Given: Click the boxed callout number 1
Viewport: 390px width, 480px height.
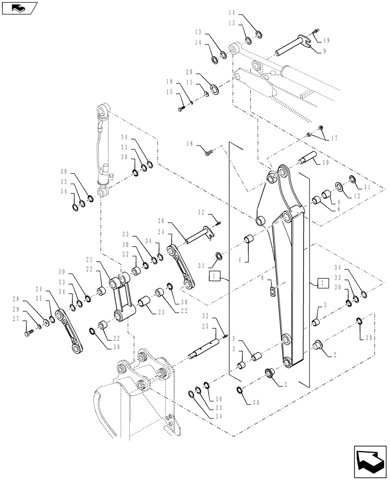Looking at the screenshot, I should tap(215, 276).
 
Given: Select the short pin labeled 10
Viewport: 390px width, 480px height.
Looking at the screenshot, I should tap(306, 157).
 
